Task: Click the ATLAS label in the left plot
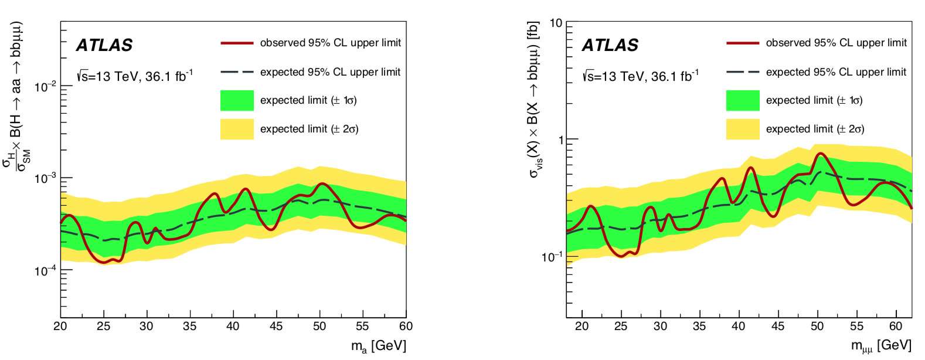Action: point(104,45)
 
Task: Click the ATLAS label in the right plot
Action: point(610,45)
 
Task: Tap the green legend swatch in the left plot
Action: point(237,100)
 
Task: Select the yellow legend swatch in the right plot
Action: point(742,129)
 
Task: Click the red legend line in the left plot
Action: point(237,43)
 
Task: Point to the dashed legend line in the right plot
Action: point(742,72)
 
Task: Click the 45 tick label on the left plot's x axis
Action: point(276,327)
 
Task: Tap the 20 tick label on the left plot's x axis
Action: point(60,327)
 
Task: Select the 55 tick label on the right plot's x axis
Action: point(856,327)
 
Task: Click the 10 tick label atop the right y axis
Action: point(555,23)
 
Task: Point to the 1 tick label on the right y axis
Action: point(560,140)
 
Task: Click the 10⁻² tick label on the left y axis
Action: point(45,87)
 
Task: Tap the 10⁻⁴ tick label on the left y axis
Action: point(45,271)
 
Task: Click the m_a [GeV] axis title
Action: point(378,346)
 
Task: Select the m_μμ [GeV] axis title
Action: point(881,346)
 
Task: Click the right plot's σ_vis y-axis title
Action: point(533,100)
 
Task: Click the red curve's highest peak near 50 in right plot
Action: point(820,154)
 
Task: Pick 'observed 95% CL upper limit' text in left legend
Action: point(331,43)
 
